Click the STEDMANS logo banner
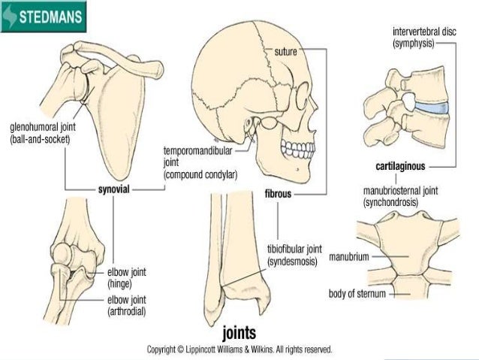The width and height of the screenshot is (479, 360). point(44,16)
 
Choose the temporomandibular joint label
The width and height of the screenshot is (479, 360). point(200,162)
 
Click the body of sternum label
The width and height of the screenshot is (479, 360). point(357,293)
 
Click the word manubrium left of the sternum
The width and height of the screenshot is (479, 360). point(349,256)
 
